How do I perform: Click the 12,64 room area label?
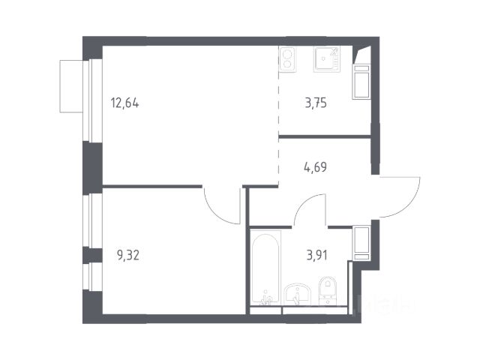click(x=125, y=103)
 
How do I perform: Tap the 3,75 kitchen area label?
click(x=316, y=103)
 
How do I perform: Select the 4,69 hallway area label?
click(x=315, y=167)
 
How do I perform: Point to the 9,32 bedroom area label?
click(x=128, y=255)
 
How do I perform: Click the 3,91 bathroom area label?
click(x=316, y=255)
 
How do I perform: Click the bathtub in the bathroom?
click(x=265, y=268)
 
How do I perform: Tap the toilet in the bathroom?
click(x=327, y=290)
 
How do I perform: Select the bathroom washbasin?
click(x=297, y=295)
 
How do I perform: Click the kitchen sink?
click(x=327, y=59)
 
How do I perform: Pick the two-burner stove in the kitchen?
click(x=287, y=59)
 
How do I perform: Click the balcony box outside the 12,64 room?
click(x=71, y=86)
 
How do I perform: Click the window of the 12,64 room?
click(x=92, y=100)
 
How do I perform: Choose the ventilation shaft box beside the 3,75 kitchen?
click(x=361, y=82)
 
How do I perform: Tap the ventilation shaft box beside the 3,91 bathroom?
click(x=361, y=243)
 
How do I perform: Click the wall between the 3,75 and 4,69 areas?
click(x=325, y=136)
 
